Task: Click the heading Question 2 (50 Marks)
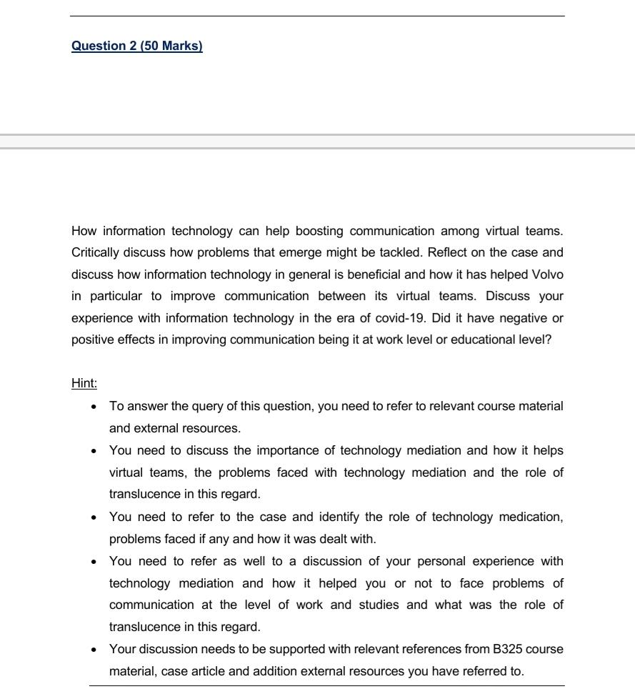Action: pyautogui.click(x=136, y=46)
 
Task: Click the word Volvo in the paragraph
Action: pyautogui.click(x=547, y=274)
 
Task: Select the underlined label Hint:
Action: pyautogui.click(x=84, y=383)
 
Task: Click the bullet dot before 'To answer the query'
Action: pyautogui.click(x=94, y=407)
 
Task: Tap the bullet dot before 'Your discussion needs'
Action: pyautogui.click(x=94, y=650)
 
